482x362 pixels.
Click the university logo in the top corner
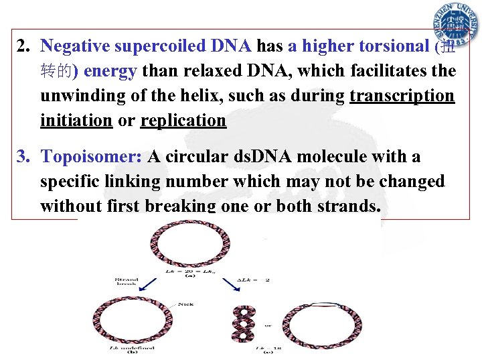click(x=455, y=25)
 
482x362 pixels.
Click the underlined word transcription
click(x=402, y=96)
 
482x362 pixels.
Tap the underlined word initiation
click(x=76, y=121)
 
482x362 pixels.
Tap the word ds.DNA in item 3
click(x=263, y=157)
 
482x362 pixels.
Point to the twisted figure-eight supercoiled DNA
click(x=242, y=322)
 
